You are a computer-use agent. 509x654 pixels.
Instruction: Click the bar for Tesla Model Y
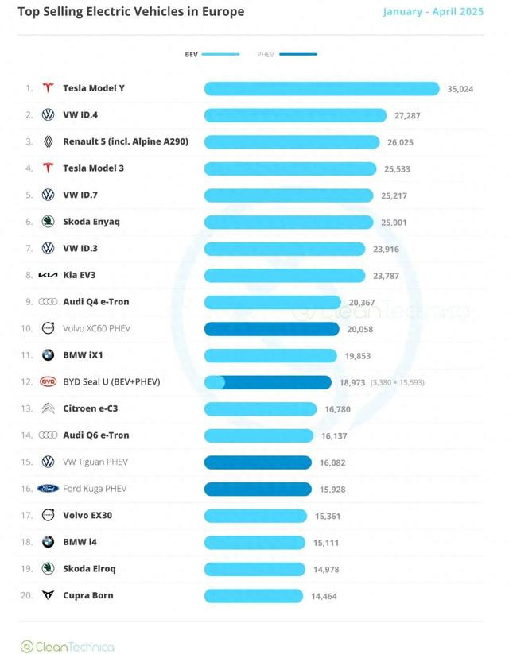click(321, 88)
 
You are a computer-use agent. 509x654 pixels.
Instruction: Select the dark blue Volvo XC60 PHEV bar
click(271, 329)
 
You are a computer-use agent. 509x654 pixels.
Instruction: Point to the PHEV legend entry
click(286, 54)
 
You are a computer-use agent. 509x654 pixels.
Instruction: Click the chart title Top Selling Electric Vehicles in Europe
click(131, 12)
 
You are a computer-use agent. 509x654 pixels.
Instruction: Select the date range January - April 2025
click(433, 12)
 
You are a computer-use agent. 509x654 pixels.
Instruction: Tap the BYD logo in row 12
click(49, 382)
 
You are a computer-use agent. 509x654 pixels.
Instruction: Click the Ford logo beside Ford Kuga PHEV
click(49, 489)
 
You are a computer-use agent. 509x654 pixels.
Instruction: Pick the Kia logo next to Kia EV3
click(49, 275)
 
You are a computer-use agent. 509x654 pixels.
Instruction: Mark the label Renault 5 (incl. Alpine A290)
click(125, 141)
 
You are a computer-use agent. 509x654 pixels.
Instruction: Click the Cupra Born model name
click(88, 595)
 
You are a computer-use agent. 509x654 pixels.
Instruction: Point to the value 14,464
click(324, 596)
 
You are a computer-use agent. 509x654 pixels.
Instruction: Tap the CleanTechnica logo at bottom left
click(67, 647)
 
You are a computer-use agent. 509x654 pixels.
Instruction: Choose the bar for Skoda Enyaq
click(288, 222)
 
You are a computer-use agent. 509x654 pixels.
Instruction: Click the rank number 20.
click(27, 595)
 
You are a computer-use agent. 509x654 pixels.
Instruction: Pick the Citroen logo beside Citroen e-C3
click(49, 408)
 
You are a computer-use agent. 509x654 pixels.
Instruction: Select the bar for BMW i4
click(254, 542)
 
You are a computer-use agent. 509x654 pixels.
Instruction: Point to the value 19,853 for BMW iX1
click(357, 356)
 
